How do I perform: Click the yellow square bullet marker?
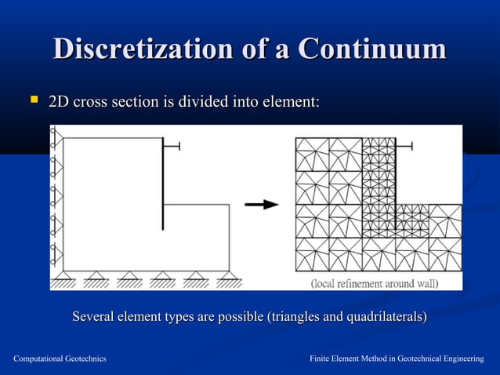point(33,100)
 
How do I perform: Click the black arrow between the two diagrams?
point(262,205)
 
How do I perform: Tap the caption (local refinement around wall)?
point(375,282)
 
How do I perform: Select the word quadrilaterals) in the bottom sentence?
point(385,317)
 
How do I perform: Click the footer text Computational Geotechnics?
point(60,359)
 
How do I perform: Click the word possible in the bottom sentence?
point(238,317)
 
